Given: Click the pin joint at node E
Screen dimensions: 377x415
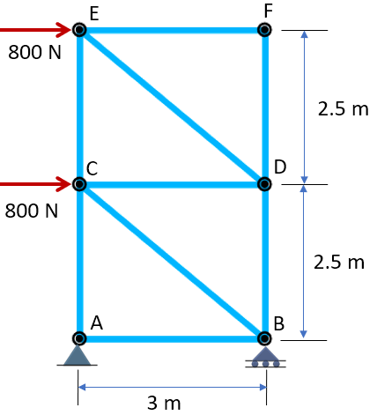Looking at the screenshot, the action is click(x=79, y=30).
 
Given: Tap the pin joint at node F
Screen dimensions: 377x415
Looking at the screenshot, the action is click(x=264, y=30).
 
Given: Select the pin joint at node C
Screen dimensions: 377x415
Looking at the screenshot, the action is click(x=79, y=184).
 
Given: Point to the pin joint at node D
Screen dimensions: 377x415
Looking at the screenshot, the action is click(x=264, y=184).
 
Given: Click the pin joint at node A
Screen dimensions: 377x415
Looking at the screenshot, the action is click(x=79, y=338).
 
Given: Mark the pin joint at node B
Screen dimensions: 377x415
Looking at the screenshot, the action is click(x=264, y=338).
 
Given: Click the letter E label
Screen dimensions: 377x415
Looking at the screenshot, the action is click(x=94, y=13).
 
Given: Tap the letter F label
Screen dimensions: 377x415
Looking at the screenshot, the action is click(x=269, y=11).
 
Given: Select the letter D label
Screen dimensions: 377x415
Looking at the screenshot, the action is click(x=280, y=167).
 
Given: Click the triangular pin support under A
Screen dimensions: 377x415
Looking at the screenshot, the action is click(x=78, y=356).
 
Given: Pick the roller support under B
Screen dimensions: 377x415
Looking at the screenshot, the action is click(x=265, y=358).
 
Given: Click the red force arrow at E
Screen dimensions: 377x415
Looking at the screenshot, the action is click(x=36, y=30).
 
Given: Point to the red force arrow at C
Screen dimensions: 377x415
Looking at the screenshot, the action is click(x=36, y=184).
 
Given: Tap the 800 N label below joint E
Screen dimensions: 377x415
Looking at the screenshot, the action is click(x=34, y=52).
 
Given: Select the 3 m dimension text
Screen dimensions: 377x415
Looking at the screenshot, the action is click(x=164, y=403).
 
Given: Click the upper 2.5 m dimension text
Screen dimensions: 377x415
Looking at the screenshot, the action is click(x=343, y=108).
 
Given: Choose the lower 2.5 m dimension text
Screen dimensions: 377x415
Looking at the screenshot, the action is click(x=339, y=262).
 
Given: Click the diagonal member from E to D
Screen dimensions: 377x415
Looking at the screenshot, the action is click(x=172, y=107).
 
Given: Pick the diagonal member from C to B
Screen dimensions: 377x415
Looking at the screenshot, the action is click(x=172, y=262).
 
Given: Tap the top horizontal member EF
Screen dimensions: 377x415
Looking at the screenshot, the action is click(x=172, y=30).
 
